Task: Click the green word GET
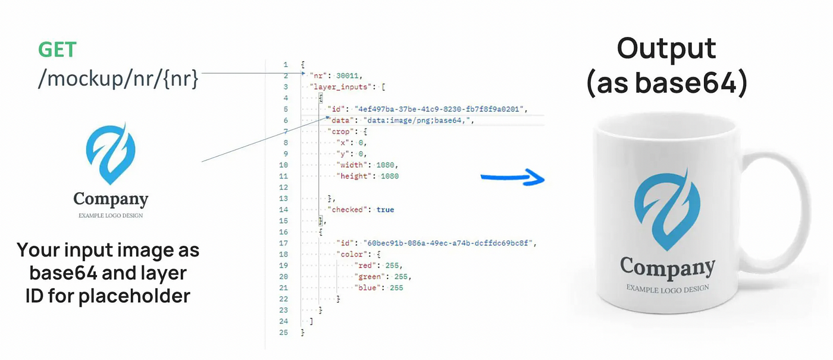click(58, 50)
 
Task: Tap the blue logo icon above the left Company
click(111, 154)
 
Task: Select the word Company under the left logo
click(111, 199)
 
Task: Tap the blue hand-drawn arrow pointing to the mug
click(512, 177)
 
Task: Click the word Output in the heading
click(666, 48)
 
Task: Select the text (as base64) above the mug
click(666, 83)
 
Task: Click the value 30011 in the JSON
click(349, 76)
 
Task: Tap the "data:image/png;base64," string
click(417, 120)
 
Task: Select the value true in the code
click(385, 209)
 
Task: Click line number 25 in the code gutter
click(284, 332)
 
